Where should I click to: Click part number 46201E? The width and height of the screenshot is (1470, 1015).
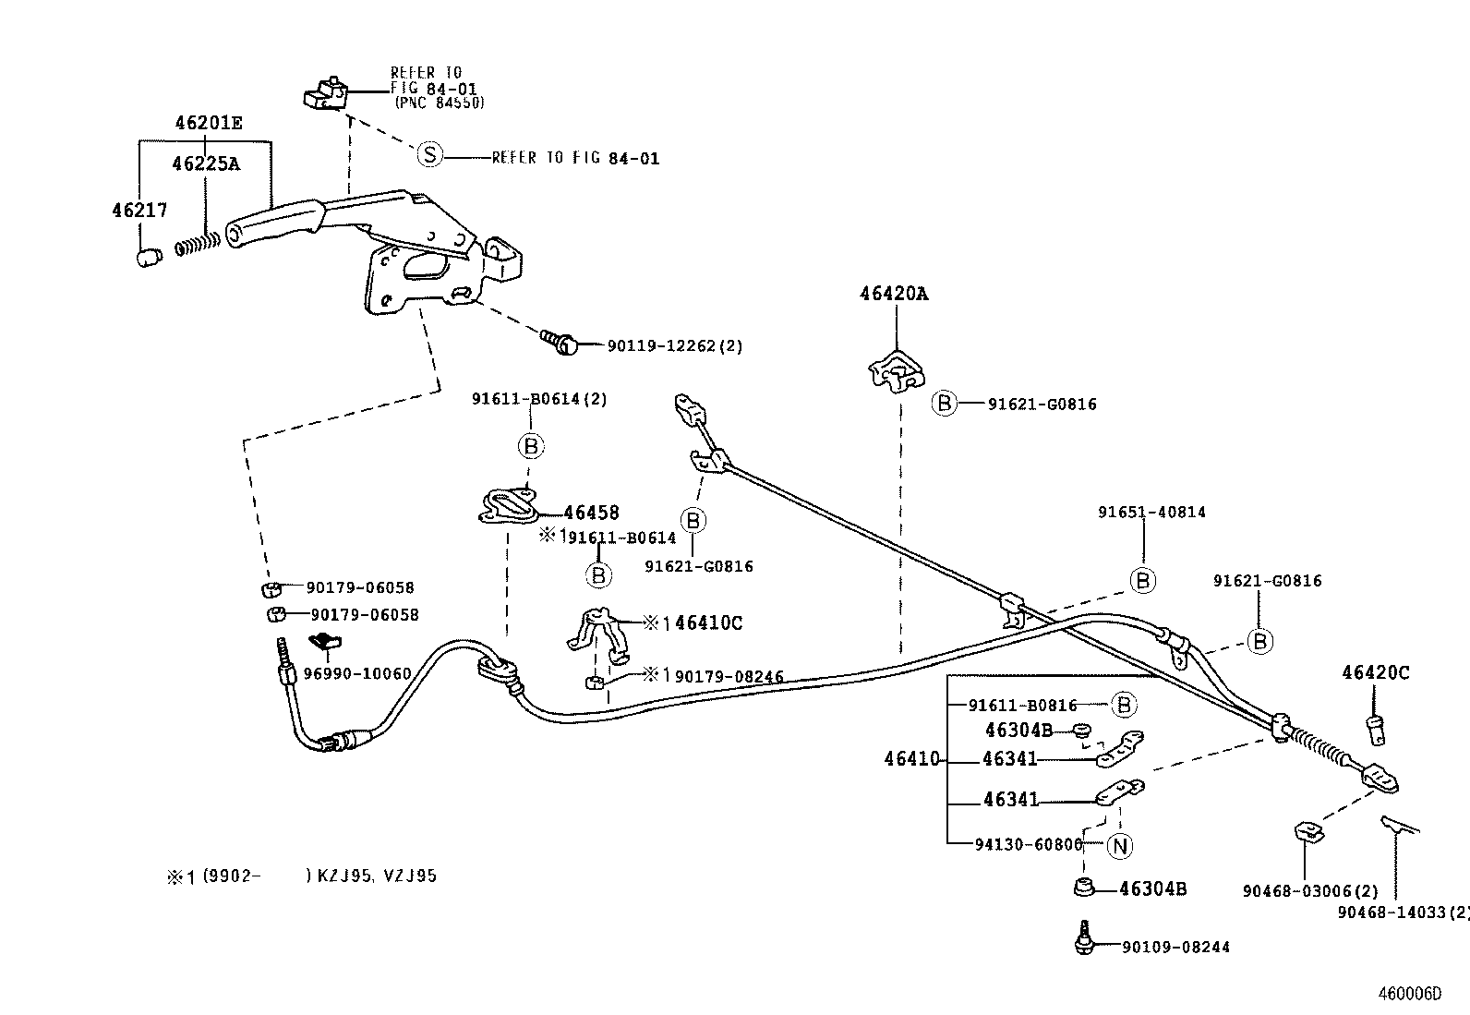[210, 123]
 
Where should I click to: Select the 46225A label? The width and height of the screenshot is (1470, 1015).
[205, 163]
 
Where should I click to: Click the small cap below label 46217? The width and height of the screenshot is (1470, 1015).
[148, 258]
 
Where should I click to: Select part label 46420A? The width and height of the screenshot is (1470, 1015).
[894, 294]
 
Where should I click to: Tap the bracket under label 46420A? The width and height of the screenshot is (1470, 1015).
[894, 370]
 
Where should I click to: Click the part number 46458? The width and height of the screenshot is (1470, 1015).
[591, 513]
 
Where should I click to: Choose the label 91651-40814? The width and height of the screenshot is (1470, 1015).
[1151, 512]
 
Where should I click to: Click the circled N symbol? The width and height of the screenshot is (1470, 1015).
[1120, 845]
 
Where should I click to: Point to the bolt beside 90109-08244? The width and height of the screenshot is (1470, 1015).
[1086, 941]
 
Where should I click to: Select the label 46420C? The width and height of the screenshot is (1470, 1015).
[1376, 673]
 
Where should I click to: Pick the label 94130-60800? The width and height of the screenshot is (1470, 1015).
[1029, 844]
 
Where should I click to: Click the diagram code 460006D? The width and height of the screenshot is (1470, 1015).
[1409, 994]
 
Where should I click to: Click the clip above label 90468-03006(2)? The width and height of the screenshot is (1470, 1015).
[1307, 832]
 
